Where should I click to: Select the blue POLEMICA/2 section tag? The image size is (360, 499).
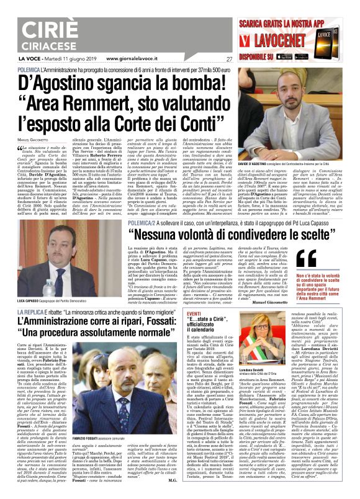127,204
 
